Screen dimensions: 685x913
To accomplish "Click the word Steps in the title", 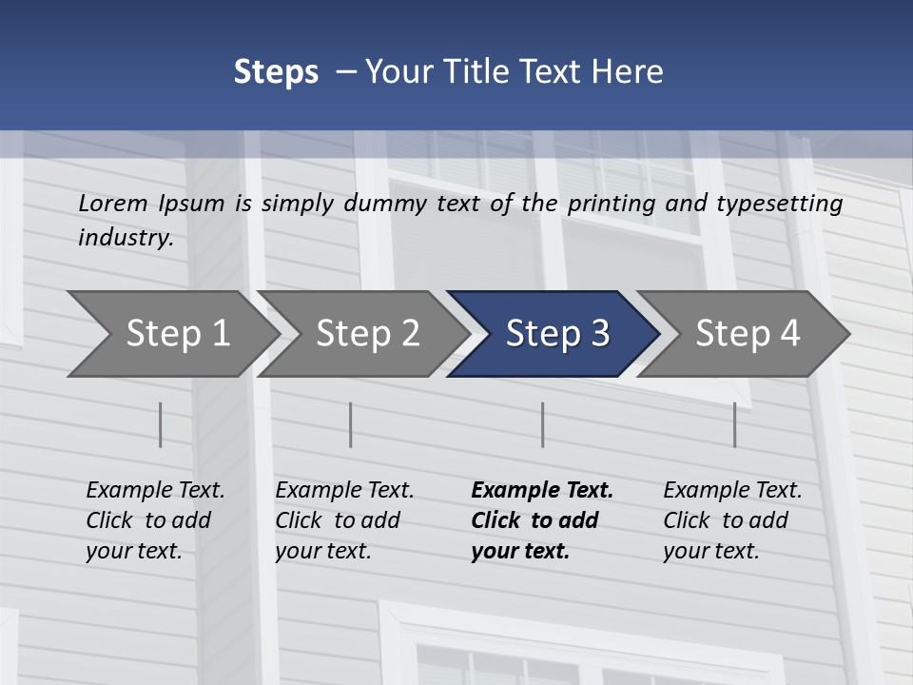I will tap(276, 72).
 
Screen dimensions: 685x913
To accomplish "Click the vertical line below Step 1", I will tap(161, 424).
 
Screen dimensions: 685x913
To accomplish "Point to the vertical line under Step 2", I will tap(351, 424).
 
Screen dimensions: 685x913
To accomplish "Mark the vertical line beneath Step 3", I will tap(543, 424).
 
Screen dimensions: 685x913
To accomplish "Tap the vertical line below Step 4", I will tap(734, 424).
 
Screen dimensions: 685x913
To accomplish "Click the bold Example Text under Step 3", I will tap(542, 520).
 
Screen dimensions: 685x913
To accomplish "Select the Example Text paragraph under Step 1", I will tap(155, 520).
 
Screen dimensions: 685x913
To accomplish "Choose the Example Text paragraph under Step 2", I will tap(344, 520).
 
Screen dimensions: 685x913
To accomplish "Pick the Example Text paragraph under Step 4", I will tap(732, 520).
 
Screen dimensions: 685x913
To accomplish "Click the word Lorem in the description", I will tap(113, 203).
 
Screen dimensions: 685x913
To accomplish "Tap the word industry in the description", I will tap(125, 238).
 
